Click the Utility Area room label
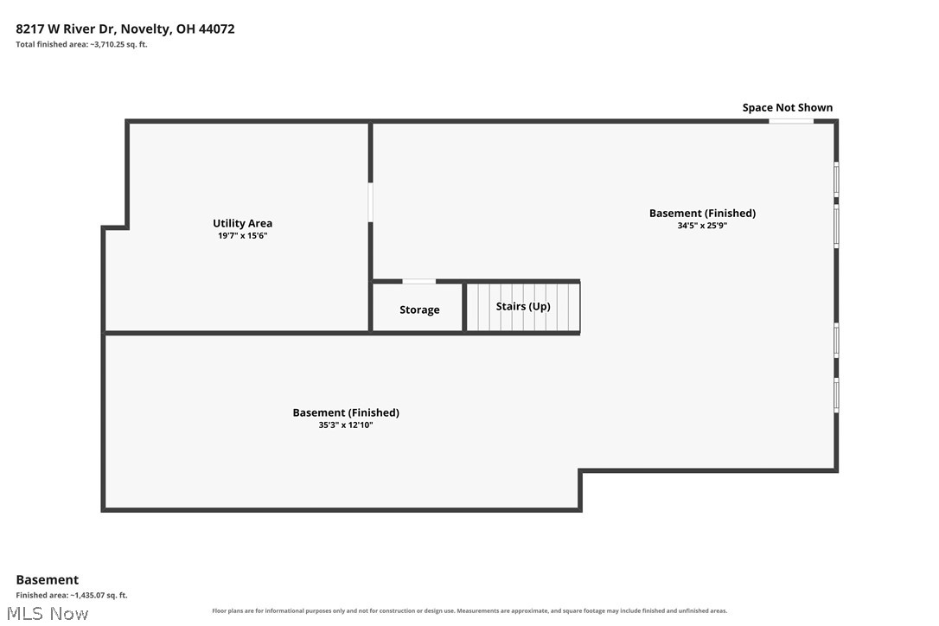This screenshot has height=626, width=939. pos(243,223)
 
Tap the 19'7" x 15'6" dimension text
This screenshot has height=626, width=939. pos(243,235)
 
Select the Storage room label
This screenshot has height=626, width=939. pos(420,310)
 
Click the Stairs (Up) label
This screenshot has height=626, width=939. pos(523,306)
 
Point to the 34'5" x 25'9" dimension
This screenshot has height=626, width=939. pos(702,226)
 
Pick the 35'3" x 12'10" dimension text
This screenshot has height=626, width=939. pos(346,425)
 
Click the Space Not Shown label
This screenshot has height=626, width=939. pos(788,107)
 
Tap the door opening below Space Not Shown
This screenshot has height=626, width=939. pos(791,121)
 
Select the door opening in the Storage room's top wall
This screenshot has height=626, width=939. pos(419,281)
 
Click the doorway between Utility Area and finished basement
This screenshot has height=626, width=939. pos(370,202)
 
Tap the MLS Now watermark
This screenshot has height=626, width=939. pos(48,613)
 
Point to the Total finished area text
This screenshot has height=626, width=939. pos(81,44)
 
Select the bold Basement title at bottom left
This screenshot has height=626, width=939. pos(48,579)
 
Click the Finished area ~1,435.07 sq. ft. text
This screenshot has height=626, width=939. pos(72,595)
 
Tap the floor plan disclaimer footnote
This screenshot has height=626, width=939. pos(469,611)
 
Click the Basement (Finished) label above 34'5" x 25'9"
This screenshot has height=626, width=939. pos(702,213)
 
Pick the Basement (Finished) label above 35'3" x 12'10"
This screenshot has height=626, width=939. pos(346,412)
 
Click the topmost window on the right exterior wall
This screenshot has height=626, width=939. pos(837,178)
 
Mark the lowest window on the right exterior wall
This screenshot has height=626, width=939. pos(837,395)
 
